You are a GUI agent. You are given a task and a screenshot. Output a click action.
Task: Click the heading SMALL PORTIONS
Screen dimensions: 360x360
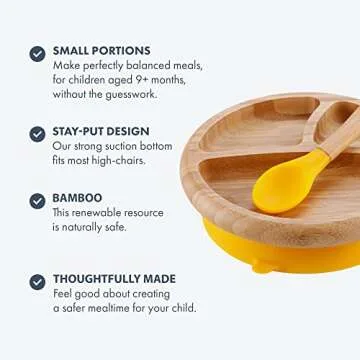click(101, 50)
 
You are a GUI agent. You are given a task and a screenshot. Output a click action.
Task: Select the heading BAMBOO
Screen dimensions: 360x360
click(77, 198)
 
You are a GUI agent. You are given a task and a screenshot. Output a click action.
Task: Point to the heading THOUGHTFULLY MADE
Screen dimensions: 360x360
click(116, 278)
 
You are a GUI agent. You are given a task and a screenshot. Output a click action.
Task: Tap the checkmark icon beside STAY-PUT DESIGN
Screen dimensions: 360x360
click(37, 133)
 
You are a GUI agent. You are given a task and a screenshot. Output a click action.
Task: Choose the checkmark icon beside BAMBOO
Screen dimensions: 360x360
click(37, 201)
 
